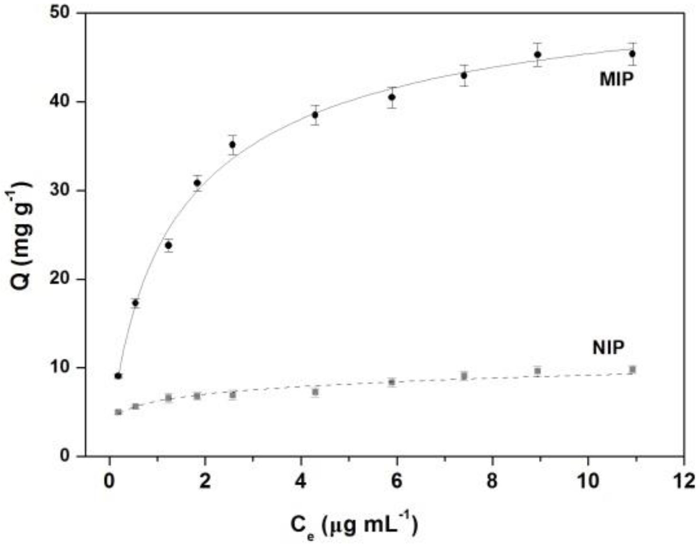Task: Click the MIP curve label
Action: click(x=616, y=79)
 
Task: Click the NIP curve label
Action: click(x=608, y=347)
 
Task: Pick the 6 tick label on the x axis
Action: click(x=396, y=481)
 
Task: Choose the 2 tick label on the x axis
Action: click(x=205, y=481)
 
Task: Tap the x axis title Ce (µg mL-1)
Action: click(x=354, y=526)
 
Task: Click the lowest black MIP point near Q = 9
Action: click(x=118, y=376)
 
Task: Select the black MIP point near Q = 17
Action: click(x=135, y=303)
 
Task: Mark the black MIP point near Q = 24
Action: click(x=168, y=245)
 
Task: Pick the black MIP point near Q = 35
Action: click(x=232, y=144)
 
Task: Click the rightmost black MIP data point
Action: click(x=632, y=54)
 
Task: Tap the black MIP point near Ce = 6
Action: click(x=392, y=97)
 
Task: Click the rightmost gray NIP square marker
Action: click(x=632, y=370)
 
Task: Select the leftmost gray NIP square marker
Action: click(x=118, y=412)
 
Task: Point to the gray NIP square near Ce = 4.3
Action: click(x=315, y=392)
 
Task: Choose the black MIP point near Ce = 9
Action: click(x=537, y=54)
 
